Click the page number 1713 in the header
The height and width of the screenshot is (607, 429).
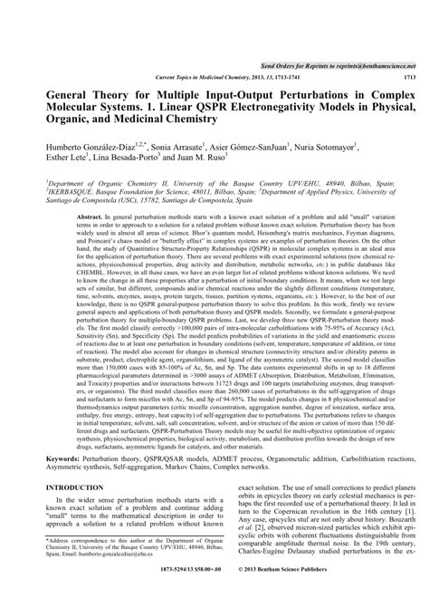tap(409, 78)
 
